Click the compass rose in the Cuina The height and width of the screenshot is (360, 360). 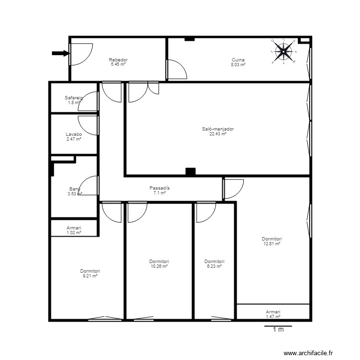[284, 51]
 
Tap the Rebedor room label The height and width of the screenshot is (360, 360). [118, 60]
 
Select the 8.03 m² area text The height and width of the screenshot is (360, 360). [238, 64]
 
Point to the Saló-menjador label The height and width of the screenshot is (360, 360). [218, 129]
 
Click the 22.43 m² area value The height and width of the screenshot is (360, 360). [218, 134]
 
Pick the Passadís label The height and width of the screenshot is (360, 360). [159, 188]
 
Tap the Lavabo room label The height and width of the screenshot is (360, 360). [74, 134]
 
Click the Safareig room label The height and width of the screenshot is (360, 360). [74, 97]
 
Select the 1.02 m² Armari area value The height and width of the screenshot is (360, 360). [74, 233]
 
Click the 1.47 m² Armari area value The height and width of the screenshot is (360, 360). [273, 316]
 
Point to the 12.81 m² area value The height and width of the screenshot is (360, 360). [272, 244]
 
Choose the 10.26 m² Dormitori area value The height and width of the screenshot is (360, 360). [159, 266]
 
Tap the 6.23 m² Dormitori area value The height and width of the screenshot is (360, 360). [214, 266]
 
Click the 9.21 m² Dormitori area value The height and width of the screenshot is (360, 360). [90, 276]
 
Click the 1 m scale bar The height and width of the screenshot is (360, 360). [278, 327]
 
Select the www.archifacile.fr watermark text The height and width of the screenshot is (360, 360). [308, 353]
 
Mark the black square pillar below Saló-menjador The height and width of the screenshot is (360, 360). [191, 171]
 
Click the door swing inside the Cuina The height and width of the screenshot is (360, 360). [177, 69]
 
